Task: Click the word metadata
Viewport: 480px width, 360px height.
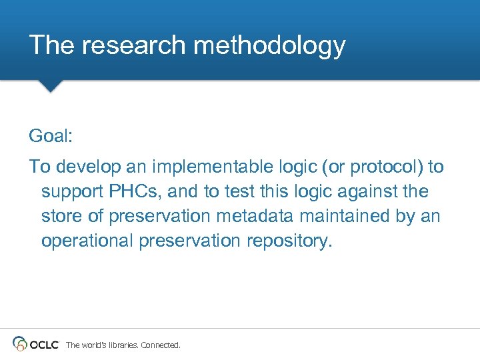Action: pos(253,216)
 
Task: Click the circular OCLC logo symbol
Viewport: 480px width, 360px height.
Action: pos(20,344)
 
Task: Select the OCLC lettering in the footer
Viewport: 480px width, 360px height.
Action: pos(44,345)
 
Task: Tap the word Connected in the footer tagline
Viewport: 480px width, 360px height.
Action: pos(161,345)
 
